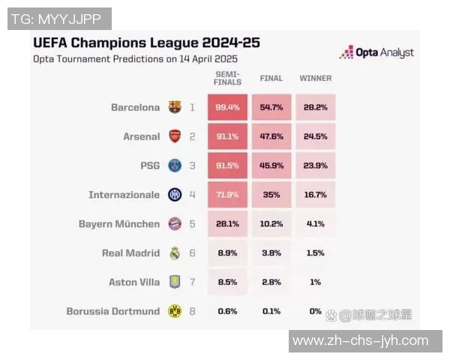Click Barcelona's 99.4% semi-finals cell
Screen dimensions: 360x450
click(x=227, y=107)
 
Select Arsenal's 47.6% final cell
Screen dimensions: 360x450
click(x=271, y=136)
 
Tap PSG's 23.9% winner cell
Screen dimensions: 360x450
click(x=315, y=166)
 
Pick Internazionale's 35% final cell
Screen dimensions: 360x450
click(x=271, y=195)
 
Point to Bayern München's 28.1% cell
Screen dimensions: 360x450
click(x=227, y=223)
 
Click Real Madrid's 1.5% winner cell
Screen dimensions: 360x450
click(x=315, y=253)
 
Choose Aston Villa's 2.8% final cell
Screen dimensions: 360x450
click(x=271, y=282)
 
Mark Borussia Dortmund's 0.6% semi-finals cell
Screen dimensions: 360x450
click(x=227, y=310)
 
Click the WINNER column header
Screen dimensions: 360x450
click(x=315, y=78)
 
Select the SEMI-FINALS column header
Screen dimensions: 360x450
click(x=227, y=78)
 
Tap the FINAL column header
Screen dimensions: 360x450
click(x=271, y=78)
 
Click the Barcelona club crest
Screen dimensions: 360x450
click(x=175, y=107)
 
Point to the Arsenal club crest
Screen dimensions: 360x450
click(x=175, y=136)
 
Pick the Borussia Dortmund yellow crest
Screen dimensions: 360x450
click(x=175, y=310)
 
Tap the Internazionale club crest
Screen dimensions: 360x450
click(x=175, y=195)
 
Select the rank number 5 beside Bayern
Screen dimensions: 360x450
click(x=192, y=223)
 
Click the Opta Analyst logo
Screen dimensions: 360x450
click(x=376, y=52)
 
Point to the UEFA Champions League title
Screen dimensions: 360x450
click(x=147, y=42)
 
